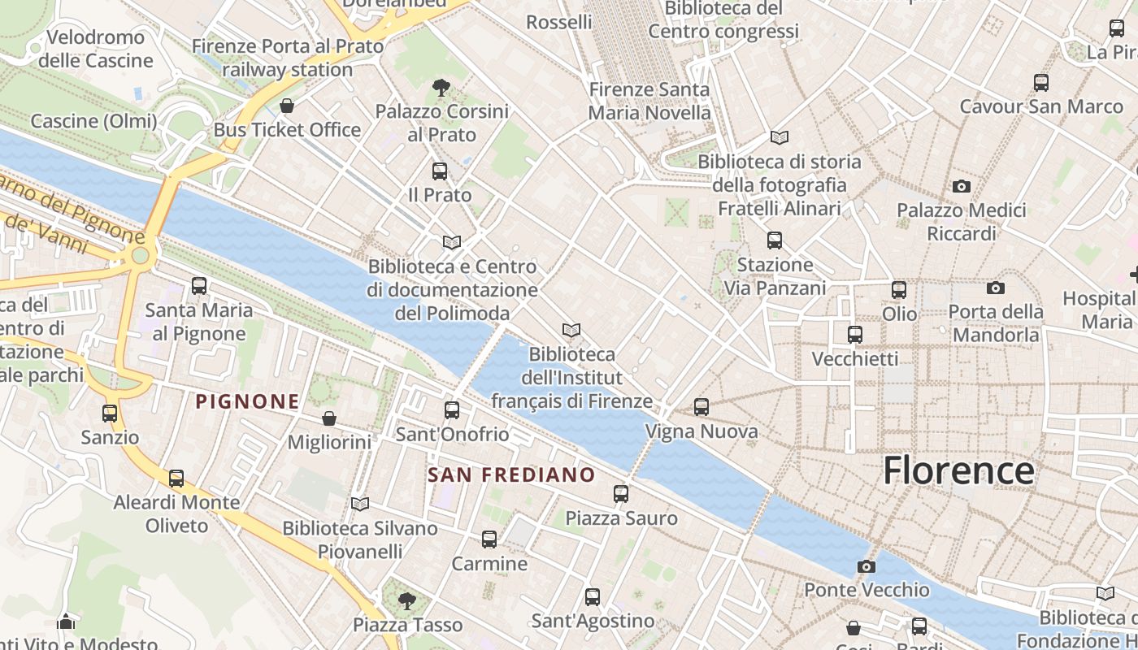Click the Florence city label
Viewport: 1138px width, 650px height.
tap(958, 470)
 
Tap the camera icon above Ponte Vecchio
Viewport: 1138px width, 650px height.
tap(867, 566)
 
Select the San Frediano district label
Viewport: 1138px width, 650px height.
tap(511, 474)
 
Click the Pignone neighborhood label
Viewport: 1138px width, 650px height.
tap(248, 401)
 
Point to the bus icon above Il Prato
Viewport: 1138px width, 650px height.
tap(440, 171)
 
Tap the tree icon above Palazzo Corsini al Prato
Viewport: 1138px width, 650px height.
tap(441, 87)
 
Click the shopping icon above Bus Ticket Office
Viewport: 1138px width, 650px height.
tap(286, 106)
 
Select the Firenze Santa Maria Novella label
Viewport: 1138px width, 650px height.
tap(649, 101)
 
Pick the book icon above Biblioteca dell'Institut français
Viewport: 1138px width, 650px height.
tap(571, 330)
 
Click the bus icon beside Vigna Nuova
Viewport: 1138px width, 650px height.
tap(701, 407)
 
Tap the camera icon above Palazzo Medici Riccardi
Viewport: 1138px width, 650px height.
tap(962, 187)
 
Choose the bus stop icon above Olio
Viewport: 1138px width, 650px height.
tap(899, 290)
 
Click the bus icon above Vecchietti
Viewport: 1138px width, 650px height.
tap(855, 335)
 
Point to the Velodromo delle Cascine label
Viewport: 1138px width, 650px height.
tap(96, 49)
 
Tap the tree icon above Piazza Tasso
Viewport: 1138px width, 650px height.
tap(407, 601)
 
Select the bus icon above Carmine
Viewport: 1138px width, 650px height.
tap(489, 539)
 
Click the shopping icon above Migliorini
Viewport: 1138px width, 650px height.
tap(329, 418)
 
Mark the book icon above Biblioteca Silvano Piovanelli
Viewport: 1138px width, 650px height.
tap(360, 505)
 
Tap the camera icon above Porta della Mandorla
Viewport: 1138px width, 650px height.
tap(995, 288)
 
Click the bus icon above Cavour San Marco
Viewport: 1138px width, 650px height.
tap(1041, 83)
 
